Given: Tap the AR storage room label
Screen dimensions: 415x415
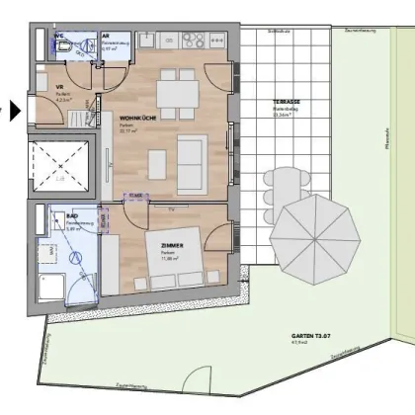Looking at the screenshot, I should point(107,35).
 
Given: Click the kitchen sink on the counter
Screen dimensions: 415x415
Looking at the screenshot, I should point(146,41).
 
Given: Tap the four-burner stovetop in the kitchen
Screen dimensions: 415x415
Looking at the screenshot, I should point(192,41).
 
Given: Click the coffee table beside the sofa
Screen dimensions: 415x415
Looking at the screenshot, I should point(155,161).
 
